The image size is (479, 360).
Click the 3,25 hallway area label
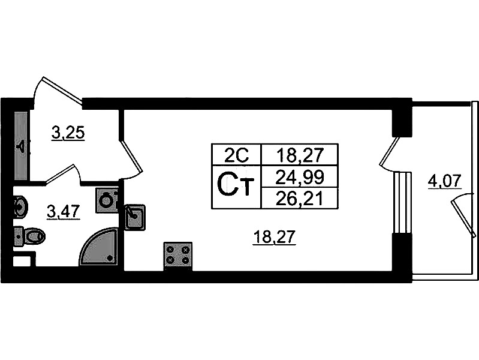[x=68, y=133]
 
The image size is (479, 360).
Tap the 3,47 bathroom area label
[x=64, y=212]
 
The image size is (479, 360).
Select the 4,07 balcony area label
[x=444, y=182]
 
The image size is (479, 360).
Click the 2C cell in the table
[x=236, y=155]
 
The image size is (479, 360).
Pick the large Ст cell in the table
[x=236, y=187]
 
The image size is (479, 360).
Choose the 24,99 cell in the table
[x=300, y=177]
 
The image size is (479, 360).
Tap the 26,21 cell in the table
[x=300, y=198]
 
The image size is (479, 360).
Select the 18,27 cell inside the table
[x=300, y=155]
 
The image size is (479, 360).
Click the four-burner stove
[x=178, y=256]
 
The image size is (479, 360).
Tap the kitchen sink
[x=135, y=217]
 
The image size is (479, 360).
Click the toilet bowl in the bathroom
[x=30, y=236]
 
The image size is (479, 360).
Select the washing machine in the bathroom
[x=107, y=200]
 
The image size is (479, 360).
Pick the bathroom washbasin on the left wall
[x=20, y=208]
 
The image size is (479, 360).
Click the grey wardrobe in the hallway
[x=21, y=146]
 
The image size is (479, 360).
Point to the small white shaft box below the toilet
[x=22, y=262]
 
